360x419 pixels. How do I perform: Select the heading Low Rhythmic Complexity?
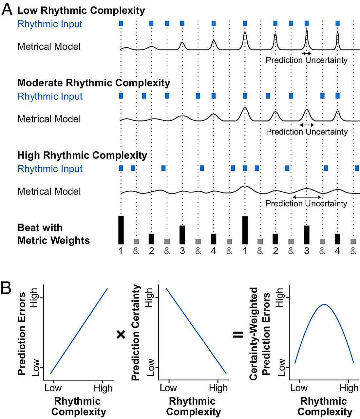tap(81, 10)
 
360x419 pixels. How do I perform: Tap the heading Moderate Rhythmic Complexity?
tap(94, 83)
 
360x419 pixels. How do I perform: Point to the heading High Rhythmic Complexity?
tap(82, 155)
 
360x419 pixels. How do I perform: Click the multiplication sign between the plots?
tap(121, 334)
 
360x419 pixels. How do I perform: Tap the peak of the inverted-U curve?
tap(324, 304)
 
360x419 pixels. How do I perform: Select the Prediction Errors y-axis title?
tap(22, 334)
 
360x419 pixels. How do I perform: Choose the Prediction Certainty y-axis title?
tap(135, 333)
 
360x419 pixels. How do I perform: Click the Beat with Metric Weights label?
tap(53, 234)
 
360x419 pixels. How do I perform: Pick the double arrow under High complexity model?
tap(307, 197)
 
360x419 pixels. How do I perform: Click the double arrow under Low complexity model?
tap(307, 53)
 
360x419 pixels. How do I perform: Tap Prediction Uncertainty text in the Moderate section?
tap(307, 132)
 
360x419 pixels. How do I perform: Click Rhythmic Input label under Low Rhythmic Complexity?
tap(50, 24)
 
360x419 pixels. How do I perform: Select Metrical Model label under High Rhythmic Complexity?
tap(49, 191)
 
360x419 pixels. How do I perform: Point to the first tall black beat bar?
tap(121, 230)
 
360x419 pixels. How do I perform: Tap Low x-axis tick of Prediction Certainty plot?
tap(168, 388)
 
